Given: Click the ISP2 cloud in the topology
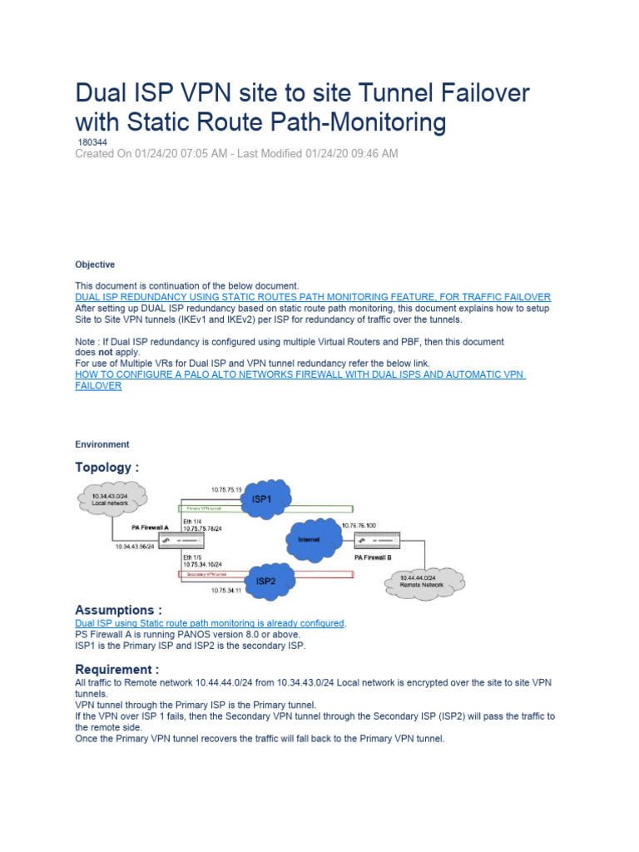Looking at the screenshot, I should point(266,579).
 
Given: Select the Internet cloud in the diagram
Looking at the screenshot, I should point(310,539).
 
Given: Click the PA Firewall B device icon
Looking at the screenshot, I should point(377,541).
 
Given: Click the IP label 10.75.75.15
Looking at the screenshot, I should point(226,490).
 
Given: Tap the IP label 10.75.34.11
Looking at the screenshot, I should point(225,590).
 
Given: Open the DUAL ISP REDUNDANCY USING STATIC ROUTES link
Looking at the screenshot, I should point(313,297).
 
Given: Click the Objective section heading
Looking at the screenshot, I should point(95,265).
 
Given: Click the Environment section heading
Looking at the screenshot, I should point(102,444).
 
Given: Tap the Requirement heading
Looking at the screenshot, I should point(116,670).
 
